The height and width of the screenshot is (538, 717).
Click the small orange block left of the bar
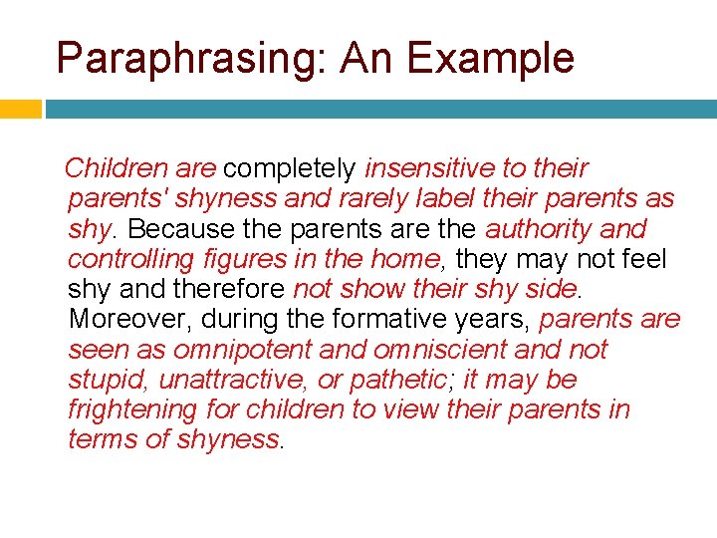pos(20,109)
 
